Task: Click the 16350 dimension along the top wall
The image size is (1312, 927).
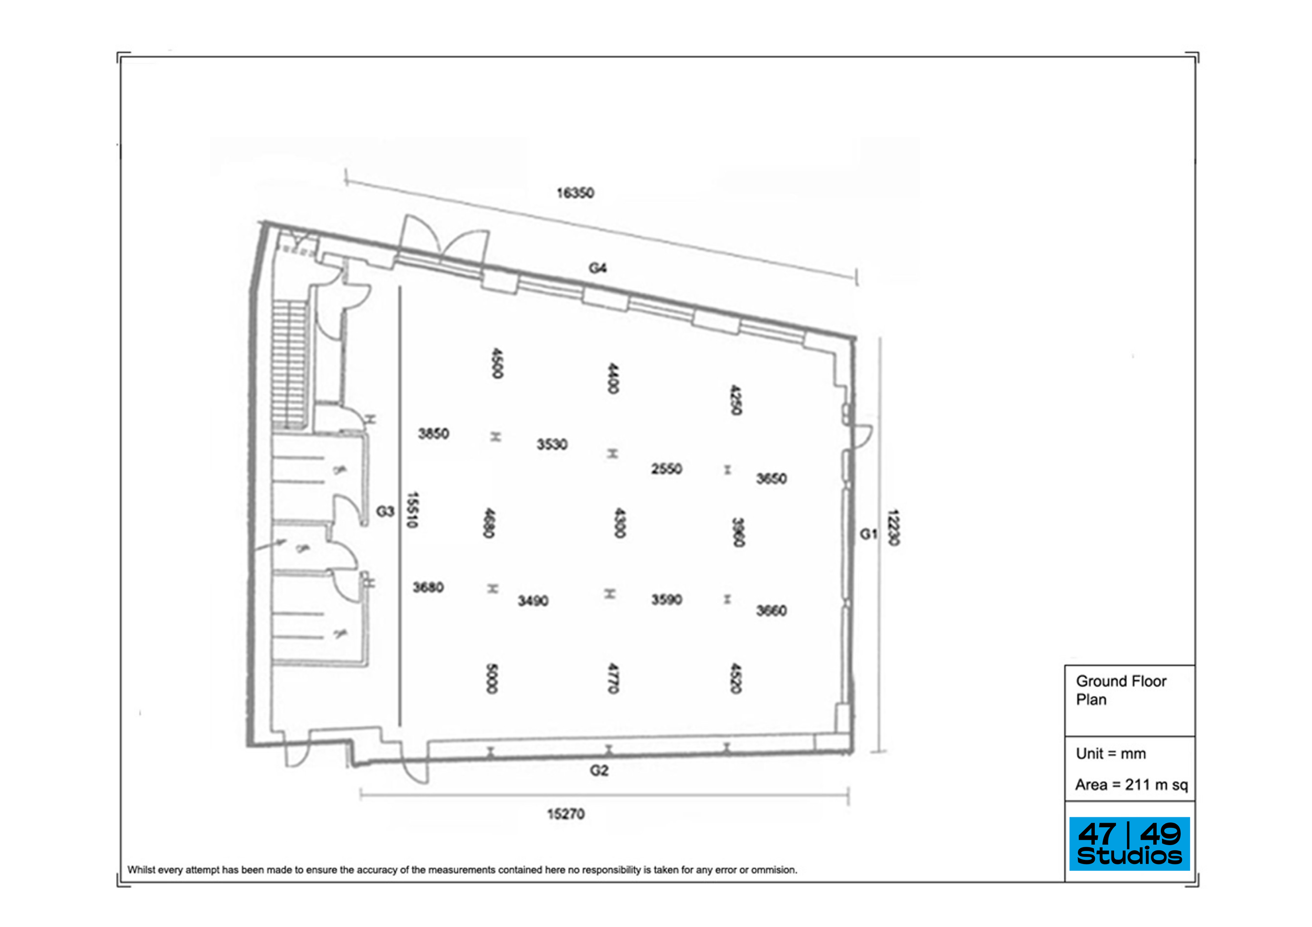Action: (575, 193)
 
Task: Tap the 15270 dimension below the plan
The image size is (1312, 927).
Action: (566, 813)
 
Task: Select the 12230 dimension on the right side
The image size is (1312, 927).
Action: (893, 527)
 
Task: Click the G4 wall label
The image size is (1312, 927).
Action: (598, 268)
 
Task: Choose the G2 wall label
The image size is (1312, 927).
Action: (599, 771)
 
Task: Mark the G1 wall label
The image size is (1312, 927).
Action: (868, 534)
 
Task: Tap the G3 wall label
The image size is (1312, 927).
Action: (385, 511)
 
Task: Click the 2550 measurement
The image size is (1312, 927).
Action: (666, 469)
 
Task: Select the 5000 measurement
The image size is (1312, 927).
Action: (491, 678)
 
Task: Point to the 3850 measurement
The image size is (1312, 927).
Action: (433, 434)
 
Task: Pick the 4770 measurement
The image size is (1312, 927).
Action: (612, 678)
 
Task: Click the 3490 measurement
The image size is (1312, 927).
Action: (533, 601)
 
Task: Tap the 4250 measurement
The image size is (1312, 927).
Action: (736, 399)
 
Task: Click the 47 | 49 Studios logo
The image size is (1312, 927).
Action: (1129, 844)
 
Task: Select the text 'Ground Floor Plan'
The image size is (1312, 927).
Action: (1120, 690)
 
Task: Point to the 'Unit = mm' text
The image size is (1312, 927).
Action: (1110, 753)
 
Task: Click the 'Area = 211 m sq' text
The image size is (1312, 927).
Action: (1131, 785)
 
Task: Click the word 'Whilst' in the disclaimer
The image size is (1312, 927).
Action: (141, 870)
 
